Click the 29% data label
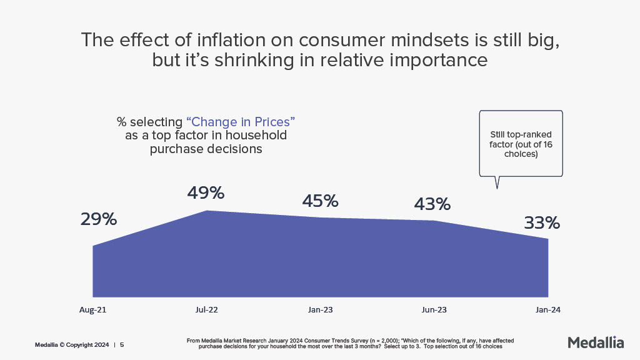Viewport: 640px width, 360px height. coord(99,220)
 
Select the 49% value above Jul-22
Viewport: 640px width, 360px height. coord(206,193)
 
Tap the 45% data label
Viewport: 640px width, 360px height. coord(320,201)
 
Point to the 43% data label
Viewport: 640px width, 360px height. coord(432,204)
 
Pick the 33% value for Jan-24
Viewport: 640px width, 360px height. coord(541,223)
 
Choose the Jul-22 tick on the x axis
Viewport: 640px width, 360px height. coord(206,309)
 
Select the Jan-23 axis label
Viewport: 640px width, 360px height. coord(320,309)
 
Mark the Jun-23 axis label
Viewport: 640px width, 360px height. coord(435,309)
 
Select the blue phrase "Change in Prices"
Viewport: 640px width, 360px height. coord(241,121)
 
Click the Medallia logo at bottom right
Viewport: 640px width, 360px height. coord(596,342)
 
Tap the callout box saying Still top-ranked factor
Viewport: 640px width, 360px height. coord(520,144)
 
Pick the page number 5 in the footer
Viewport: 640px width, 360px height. coord(122,344)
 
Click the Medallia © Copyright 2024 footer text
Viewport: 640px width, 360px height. coord(72,344)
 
